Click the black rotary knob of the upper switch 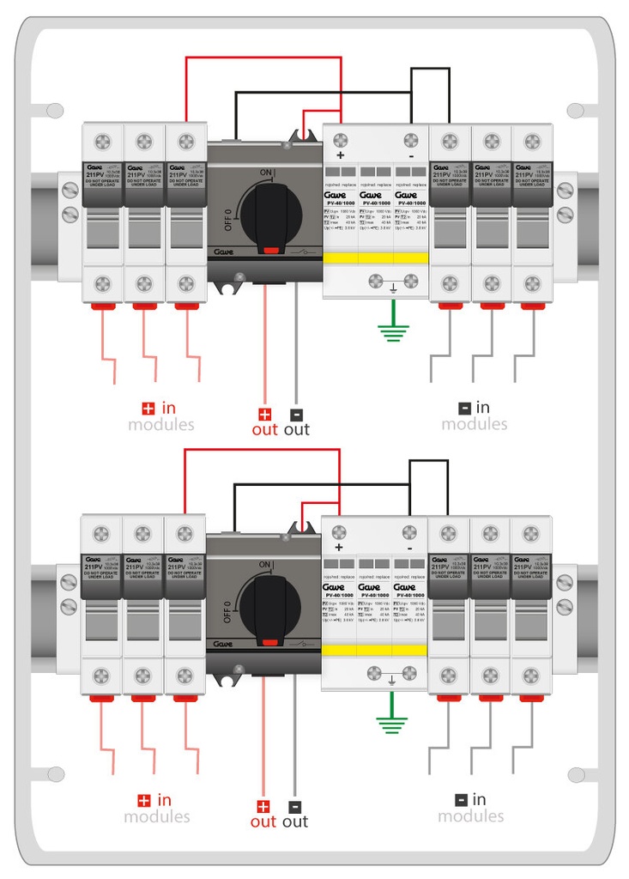click(x=271, y=215)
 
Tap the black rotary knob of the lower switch click(x=270, y=605)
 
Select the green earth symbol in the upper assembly click(x=392, y=330)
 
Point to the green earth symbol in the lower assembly click(x=391, y=721)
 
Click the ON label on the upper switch click(x=266, y=173)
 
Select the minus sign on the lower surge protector click(x=410, y=547)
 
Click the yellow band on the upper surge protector click(x=374, y=258)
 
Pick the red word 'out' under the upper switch click(x=264, y=429)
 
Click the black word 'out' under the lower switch click(x=294, y=821)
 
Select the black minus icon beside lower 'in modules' click(x=461, y=800)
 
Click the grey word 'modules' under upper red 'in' click(x=161, y=424)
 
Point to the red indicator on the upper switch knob click(x=271, y=250)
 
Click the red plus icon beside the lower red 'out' click(x=263, y=806)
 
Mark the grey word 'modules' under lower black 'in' click(x=471, y=815)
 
